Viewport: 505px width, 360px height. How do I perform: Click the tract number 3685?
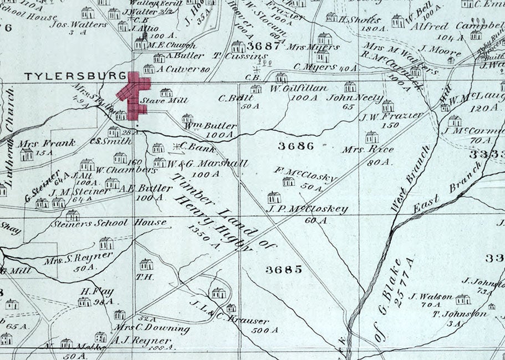(283, 270)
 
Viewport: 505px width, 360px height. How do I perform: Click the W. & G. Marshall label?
(207, 164)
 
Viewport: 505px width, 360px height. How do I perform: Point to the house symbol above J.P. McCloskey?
(274, 197)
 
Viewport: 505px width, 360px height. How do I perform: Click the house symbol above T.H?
(146, 264)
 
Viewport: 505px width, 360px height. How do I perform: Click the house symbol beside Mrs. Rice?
(371, 137)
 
